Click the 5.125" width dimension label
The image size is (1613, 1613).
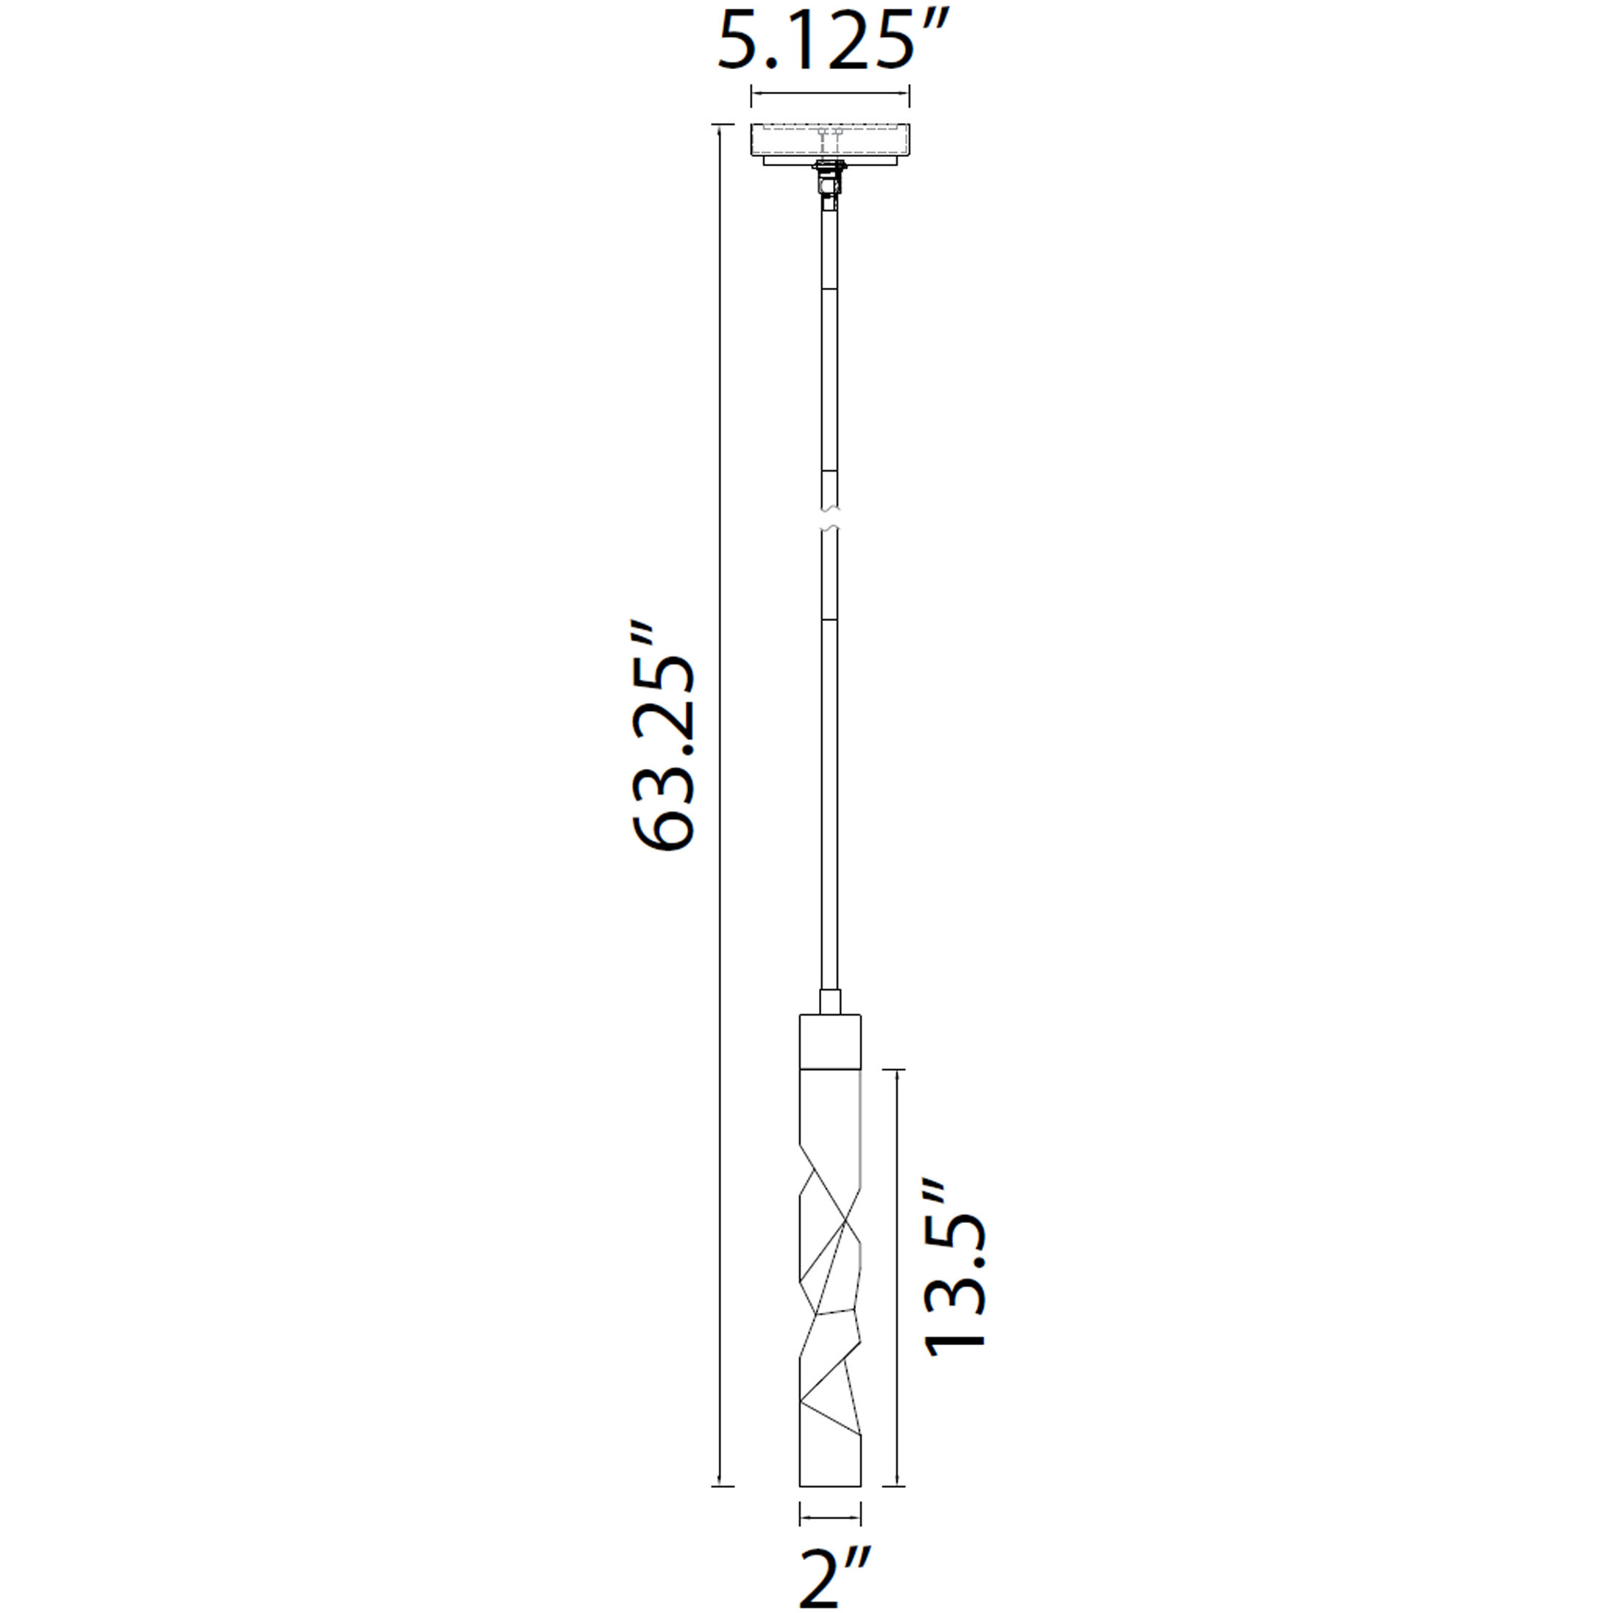pyautogui.click(x=833, y=39)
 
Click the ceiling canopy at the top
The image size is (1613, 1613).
pyautogui.click(x=830, y=144)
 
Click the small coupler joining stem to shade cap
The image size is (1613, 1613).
pyautogui.click(x=830, y=1002)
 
